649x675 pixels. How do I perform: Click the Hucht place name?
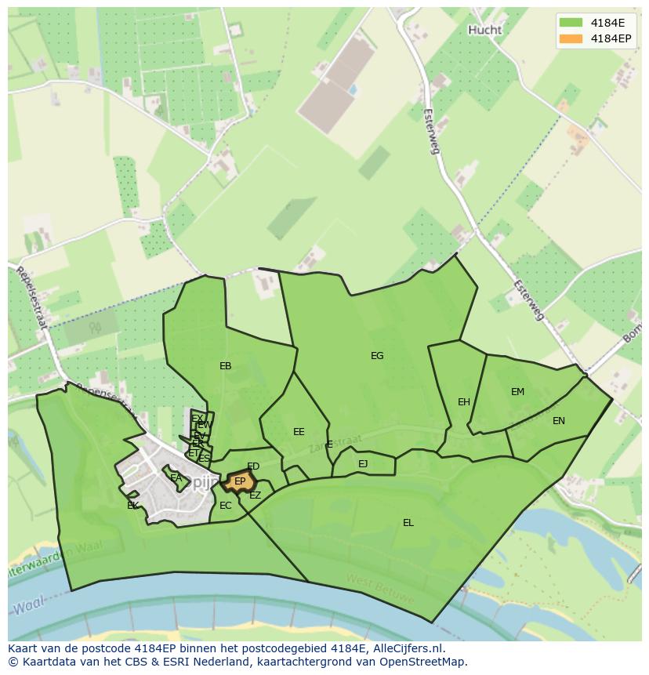484,30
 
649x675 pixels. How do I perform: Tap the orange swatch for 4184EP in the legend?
571,38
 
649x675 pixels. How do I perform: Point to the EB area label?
226,366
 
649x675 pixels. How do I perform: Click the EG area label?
377,356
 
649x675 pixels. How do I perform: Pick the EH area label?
464,402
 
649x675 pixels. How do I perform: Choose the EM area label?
517,392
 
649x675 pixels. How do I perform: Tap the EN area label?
559,421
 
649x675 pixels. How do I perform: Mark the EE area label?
299,432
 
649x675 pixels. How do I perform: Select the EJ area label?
363,464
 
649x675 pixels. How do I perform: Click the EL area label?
408,523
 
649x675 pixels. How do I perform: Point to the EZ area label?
255,495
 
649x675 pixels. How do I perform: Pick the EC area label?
226,506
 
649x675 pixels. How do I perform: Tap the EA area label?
176,477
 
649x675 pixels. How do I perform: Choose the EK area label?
132,506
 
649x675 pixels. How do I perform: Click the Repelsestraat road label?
32,297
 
